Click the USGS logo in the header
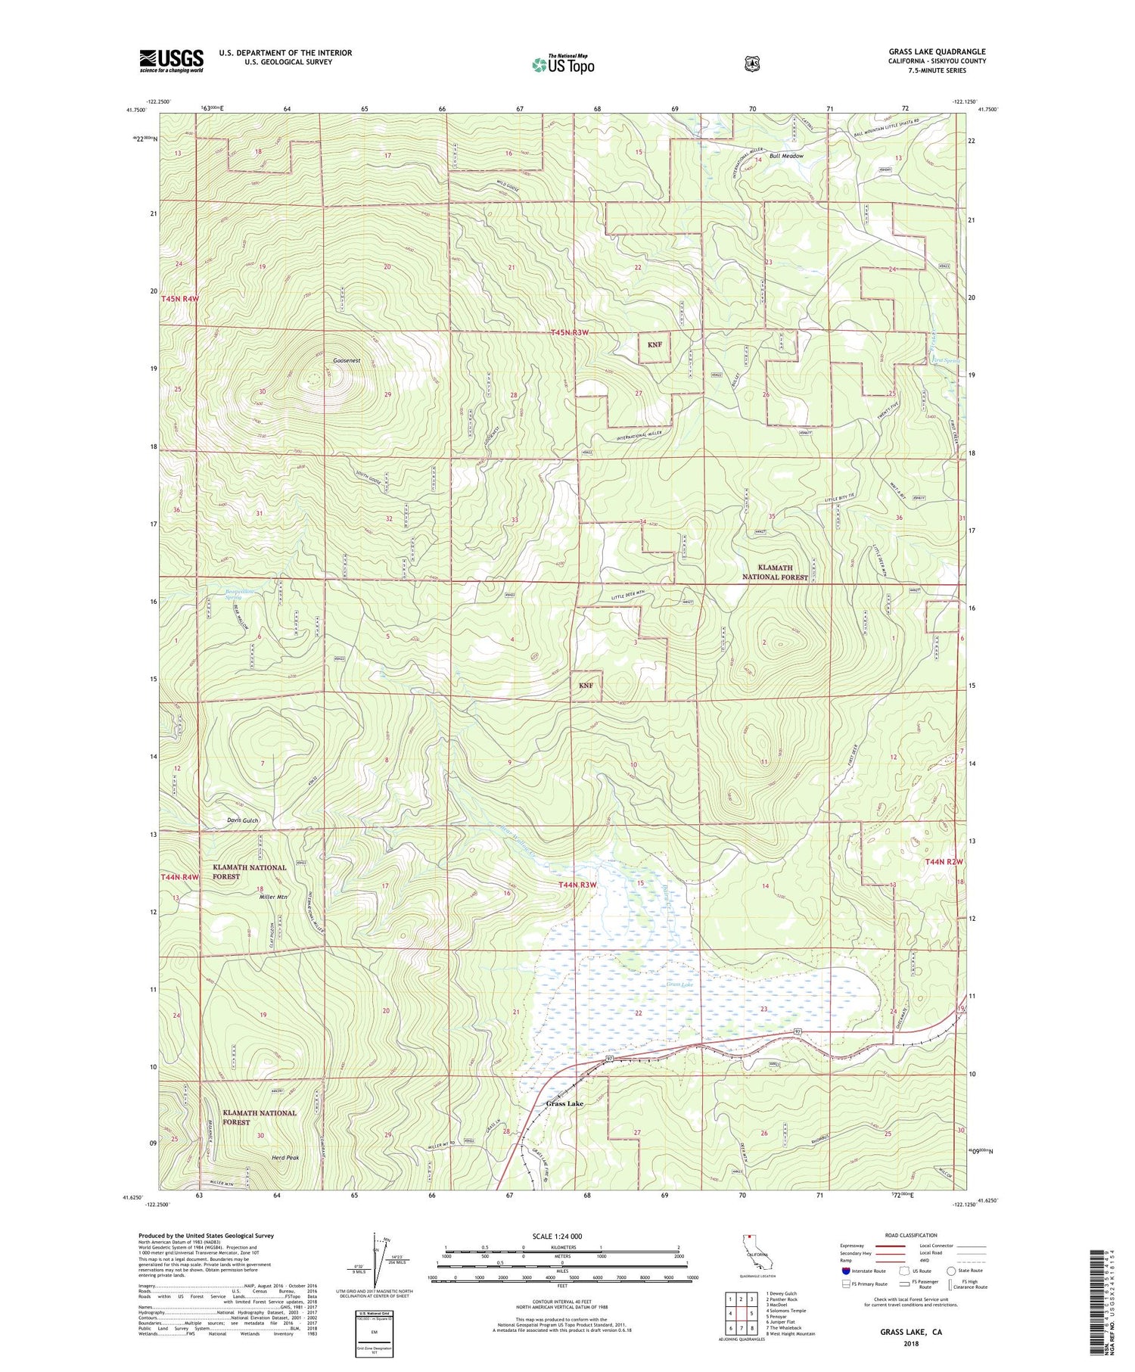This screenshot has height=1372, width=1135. pos(171,61)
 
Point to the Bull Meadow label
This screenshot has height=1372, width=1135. pos(786,156)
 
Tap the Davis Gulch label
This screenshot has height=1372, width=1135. pos(242,820)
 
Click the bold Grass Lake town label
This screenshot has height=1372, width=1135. pos(564,1103)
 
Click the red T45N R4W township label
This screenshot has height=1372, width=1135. pos(179,299)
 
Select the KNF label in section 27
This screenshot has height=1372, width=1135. pos(655,344)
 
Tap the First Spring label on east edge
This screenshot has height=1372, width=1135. pos(945,361)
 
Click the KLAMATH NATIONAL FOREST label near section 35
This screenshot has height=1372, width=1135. pos(776,572)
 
